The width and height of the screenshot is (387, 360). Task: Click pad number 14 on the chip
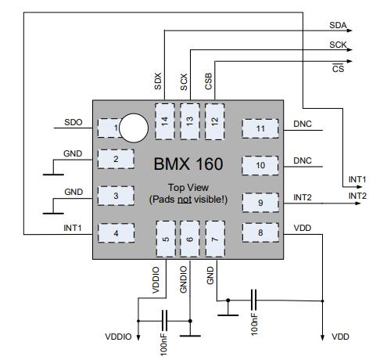click(x=165, y=121)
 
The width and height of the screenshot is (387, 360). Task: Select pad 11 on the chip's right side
click(x=260, y=128)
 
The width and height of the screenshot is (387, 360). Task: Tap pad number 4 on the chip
click(x=116, y=233)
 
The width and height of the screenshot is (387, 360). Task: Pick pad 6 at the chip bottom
click(x=190, y=239)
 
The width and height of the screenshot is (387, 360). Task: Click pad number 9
click(x=260, y=203)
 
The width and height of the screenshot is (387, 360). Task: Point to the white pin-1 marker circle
click(x=134, y=128)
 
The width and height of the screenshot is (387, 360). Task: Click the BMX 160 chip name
click(x=188, y=164)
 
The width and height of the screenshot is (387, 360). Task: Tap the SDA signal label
click(x=338, y=25)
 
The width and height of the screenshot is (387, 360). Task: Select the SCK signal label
click(x=338, y=45)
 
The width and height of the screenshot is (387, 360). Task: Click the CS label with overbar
click(x=338, y=68)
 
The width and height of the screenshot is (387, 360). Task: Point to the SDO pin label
click(x=73, y=122)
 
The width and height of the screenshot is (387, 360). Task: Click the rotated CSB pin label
click(x=209, y=81)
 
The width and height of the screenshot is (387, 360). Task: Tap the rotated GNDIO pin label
click(x=184, y=279)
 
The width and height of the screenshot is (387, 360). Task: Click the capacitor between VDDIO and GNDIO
click(x=164, y=321)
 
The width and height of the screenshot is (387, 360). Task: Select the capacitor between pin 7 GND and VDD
click(x=253, y=300)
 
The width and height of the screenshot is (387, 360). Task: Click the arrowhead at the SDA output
click(x=349, y=31)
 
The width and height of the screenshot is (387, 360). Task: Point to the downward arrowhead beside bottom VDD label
click(x=322, y=337)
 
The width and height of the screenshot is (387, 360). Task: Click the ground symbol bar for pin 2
click(x=53, y=175)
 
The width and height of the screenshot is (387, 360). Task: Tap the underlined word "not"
click(x=185, y=200)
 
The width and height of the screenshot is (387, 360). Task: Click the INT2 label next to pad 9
click(x=303, y=197)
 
